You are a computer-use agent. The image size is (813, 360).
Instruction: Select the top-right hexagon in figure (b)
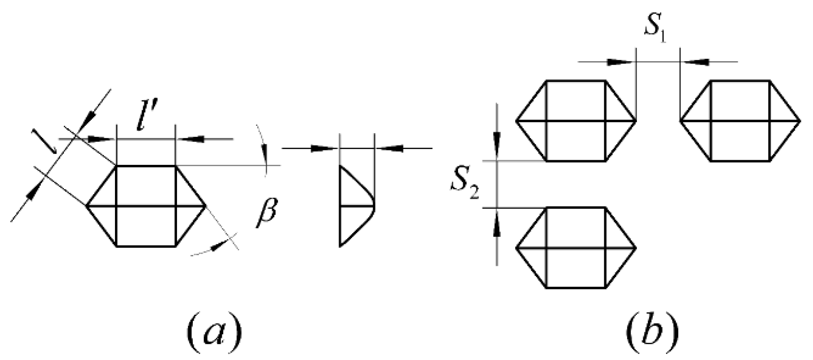coord(740,121)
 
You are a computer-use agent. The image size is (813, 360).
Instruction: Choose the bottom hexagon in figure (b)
coord(576,248)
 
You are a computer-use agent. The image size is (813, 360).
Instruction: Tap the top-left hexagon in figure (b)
coord(576,121)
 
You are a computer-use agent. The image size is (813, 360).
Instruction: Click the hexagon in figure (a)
coord(146,206)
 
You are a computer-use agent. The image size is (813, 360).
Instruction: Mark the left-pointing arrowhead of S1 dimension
coord(697,62)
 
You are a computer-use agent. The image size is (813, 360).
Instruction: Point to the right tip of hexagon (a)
coord(206,206)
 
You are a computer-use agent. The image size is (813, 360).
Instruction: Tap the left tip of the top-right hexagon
coord(680,121)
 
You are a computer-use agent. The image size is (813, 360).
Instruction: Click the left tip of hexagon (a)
coord(86,206)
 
